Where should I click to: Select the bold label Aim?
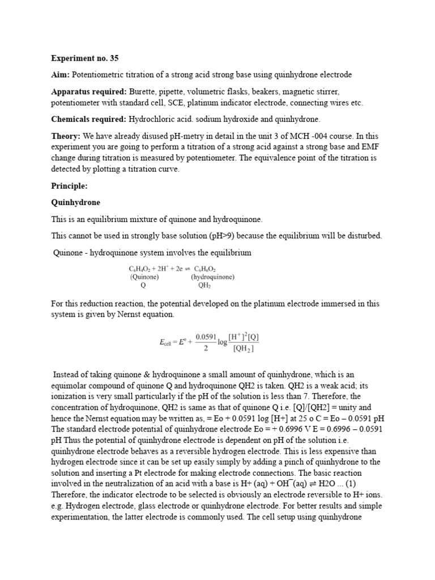click(61, 75)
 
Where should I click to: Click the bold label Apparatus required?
click(89, 92)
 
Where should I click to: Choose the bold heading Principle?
click(70, 185)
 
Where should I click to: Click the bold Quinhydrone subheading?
click(76, 202)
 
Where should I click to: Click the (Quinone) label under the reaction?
click(145, 278)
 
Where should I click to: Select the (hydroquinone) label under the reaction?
click(213, 278)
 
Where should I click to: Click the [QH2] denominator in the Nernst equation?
click(244, 348)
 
